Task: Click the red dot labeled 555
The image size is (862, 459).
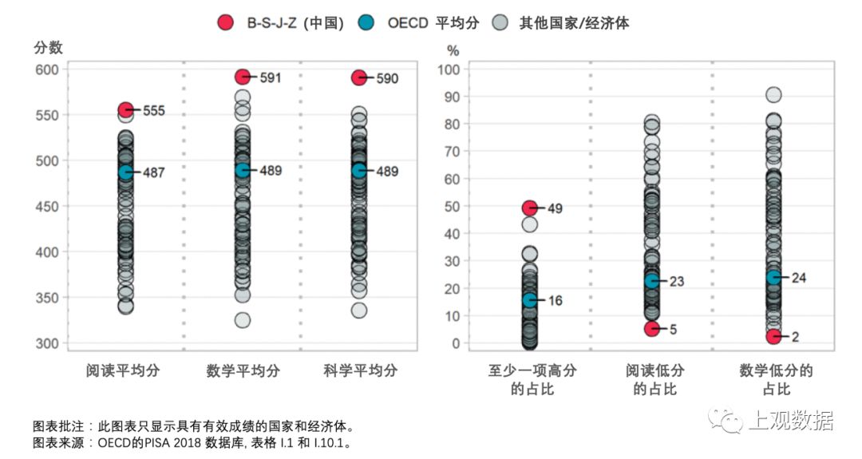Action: click(125, 110)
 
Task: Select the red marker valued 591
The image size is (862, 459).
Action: click(243, 77)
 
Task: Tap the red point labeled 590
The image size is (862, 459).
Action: click(359, 77)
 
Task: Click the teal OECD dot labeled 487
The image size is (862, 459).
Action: click(125, 172)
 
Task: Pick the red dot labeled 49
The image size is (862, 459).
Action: click(530, 208)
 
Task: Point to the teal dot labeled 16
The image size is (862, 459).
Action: click(530, 300)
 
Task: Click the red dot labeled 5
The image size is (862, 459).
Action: click(652, 328)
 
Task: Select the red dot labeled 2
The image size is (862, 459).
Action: click(773, 337)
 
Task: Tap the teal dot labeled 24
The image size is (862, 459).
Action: click(773, 277)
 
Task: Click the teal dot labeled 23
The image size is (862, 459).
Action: click(652, 281)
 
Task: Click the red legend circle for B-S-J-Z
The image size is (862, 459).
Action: click(226, 22)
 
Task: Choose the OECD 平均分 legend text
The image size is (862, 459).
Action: click(433, 22)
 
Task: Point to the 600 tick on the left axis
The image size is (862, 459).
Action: click(46, 69)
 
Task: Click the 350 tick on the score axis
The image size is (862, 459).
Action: click(46, 298)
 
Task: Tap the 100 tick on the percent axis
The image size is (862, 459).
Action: click(451, 69)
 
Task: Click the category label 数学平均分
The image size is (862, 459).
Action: click(243, 371)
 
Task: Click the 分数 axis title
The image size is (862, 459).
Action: click(48, 48)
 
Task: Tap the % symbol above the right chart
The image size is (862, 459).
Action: click(453, 49)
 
